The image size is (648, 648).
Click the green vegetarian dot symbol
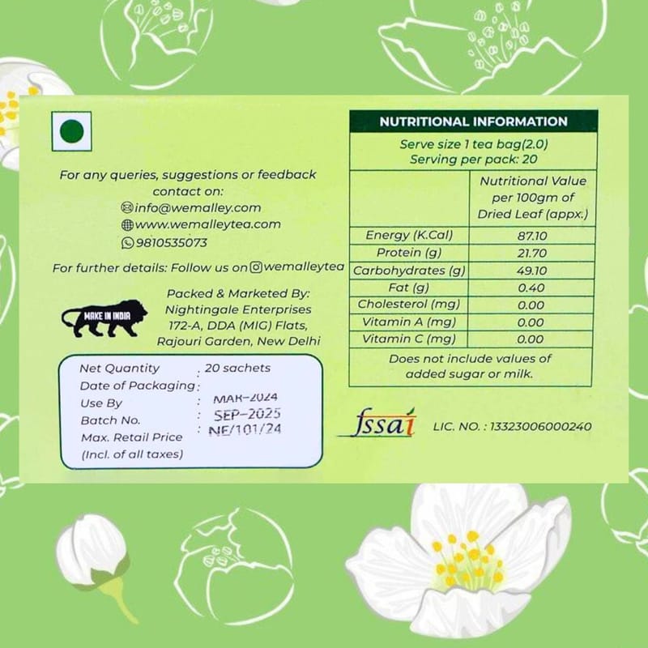pos(73,130)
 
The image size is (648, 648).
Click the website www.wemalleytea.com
pos(207,224)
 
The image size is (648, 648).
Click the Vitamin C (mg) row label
pos(408,339)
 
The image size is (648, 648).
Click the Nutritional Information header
pos(473,122)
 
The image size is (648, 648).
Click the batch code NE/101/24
pos(245,430)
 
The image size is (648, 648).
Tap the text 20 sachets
pos(237,368)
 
